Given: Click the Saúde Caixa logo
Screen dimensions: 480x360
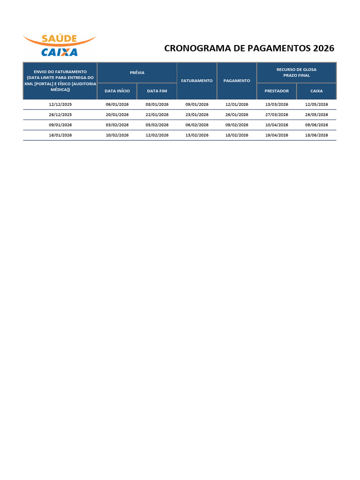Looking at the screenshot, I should (59, 45).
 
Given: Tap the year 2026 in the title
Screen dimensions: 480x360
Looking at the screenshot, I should (322, 49).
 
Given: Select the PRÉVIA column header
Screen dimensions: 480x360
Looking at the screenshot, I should (137, 73).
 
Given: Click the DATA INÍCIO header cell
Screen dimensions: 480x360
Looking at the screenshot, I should (117, 91).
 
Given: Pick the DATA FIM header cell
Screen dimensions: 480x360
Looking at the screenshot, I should (157, 91).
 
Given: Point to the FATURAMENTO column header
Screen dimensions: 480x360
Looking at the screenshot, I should (197, 81).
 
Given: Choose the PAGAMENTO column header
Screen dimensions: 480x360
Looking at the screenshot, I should (237, 81).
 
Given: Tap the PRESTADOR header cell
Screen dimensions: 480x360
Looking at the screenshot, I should (277, 91).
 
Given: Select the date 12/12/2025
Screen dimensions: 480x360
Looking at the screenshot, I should (60, 105).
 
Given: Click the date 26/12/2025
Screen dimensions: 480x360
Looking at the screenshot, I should (60, 115).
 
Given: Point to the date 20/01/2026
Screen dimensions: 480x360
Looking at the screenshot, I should (117, 115).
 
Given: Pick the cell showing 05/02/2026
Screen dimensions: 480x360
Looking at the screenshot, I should (157, 125).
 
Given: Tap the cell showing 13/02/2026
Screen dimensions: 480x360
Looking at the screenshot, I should (197, 135).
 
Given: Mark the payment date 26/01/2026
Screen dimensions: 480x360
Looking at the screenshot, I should (237, 115).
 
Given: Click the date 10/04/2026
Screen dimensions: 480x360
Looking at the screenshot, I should (277, 125).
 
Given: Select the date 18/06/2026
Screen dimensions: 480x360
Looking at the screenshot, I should (316, 135).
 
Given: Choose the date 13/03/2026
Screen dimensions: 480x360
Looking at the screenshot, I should (277, 105).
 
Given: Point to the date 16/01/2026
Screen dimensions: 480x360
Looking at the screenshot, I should (60, 135).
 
